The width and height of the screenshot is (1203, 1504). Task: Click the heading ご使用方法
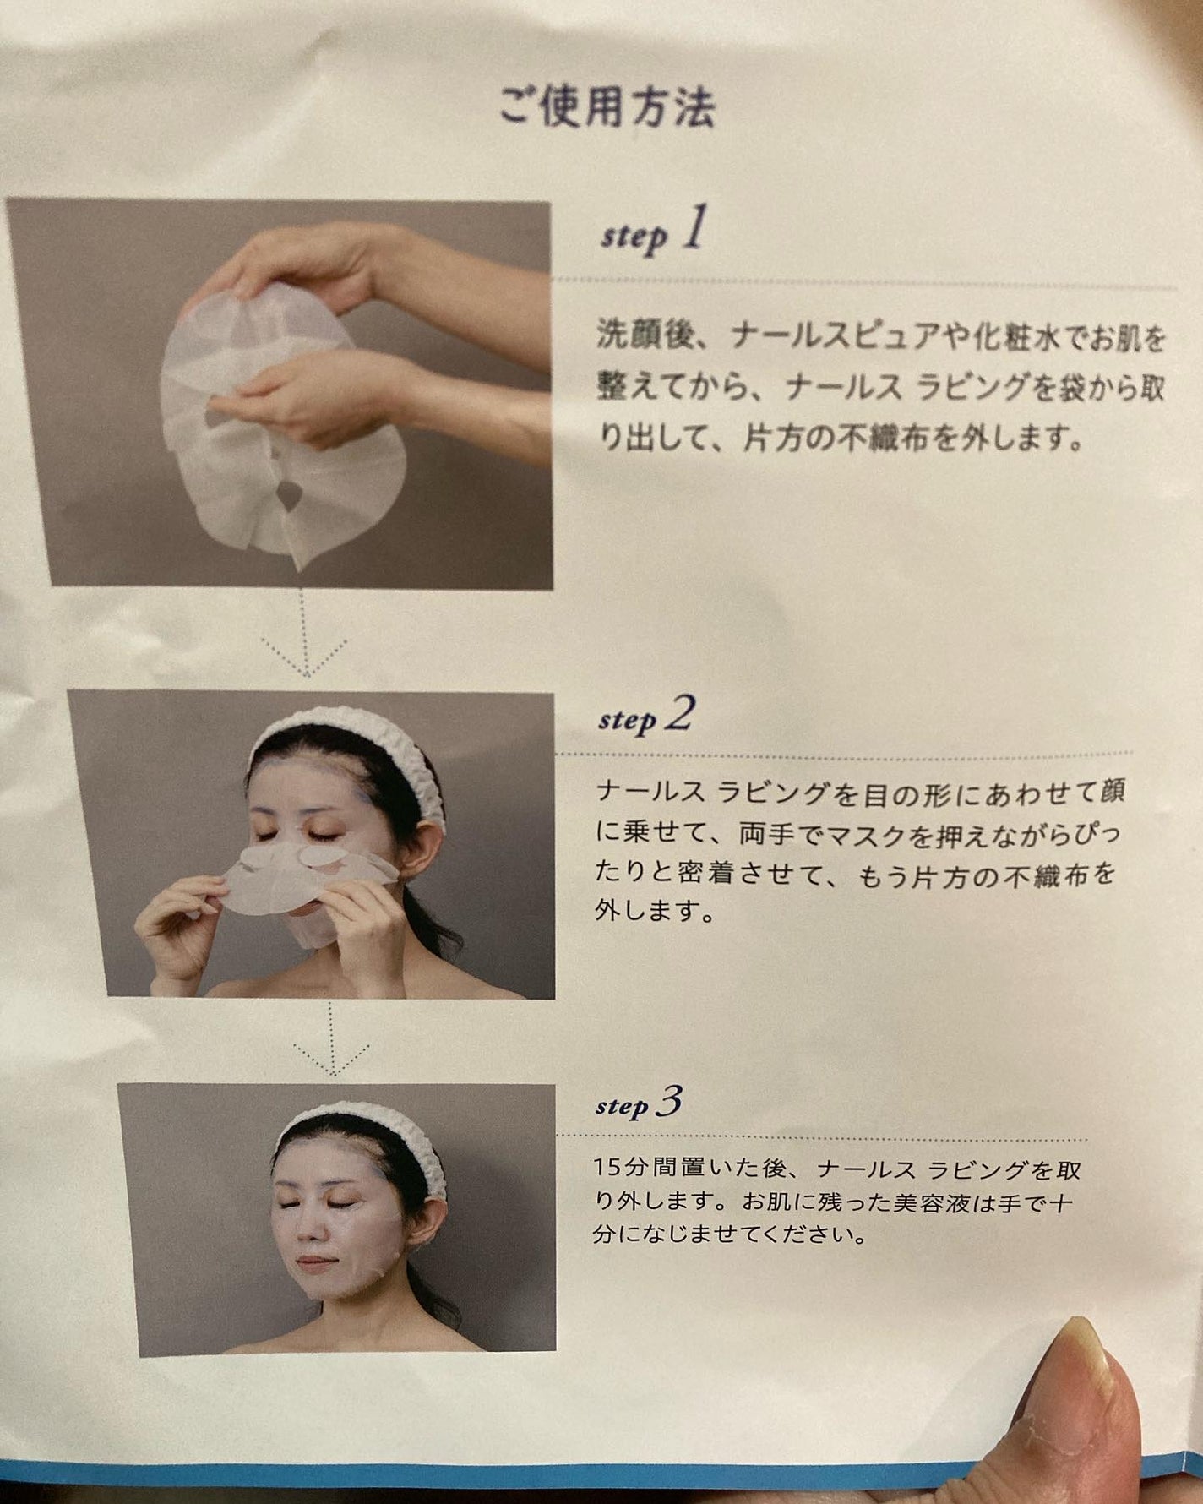tap(607, 107)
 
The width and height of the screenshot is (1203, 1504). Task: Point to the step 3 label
tap(638, 1104)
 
